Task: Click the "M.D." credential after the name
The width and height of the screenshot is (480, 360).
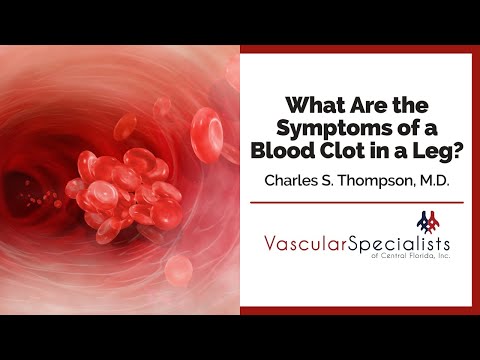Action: point(431,183)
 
